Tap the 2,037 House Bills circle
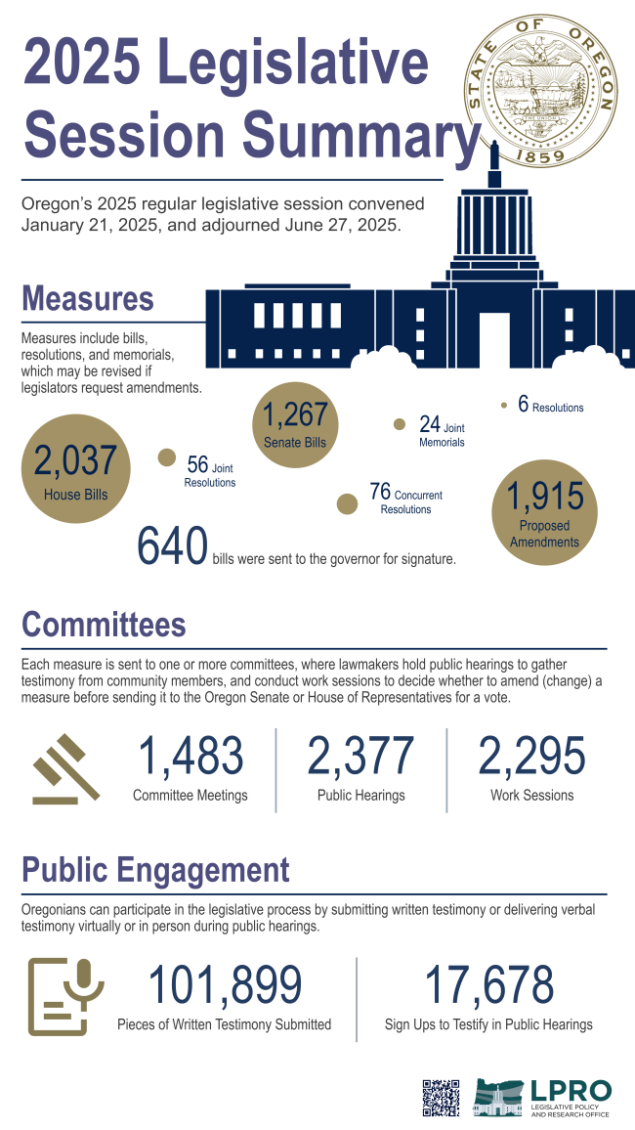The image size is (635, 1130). click(x=75, y=468)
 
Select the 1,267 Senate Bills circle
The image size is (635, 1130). click(x=295, y=423)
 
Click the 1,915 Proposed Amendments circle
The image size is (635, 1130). click(x=544, y=513)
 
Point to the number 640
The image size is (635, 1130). click(x=173, y=547)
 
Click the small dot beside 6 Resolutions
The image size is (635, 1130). click(x=503, y=405)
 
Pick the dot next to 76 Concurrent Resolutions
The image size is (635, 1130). click(x=346, y=503)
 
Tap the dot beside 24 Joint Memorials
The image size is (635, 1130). click(x=399, y=424)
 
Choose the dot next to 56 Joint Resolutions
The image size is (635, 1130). click(x=167, y=456)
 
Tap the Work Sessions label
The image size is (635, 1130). click(x=531, y=796)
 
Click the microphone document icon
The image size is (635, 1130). click(x=59, y=996)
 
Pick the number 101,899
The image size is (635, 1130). click(x=224, y=985)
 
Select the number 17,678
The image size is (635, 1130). click(x=488, y=985)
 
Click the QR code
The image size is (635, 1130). click(x=441, y=1097)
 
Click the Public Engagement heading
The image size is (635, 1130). click(x=155, y=870)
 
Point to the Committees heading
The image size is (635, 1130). click(x=104, y=624)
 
